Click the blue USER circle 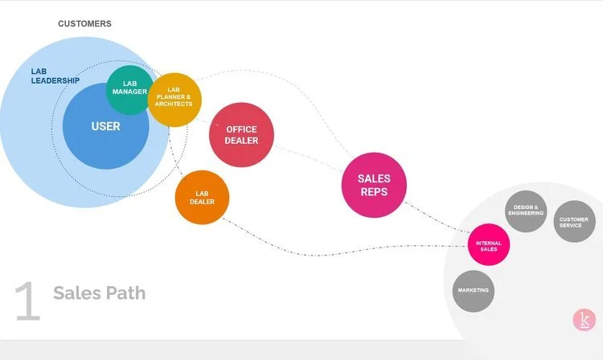click(105, 126)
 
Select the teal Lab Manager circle click(129, 88)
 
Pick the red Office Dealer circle click(241, 134)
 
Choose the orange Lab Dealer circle click(202, 197)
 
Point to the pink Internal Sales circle click(489, 245)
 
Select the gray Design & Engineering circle click(525, 213)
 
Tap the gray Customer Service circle click(575, 220)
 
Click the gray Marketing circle click(474, 290)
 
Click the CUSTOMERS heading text click(84, 24)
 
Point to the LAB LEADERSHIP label click(55, 76)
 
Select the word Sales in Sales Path click(76, 292)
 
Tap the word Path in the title click(125, 292)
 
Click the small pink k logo click(585, 320)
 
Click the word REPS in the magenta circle click(374, 193)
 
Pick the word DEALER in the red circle click(241, 141)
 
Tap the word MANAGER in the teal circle click(129, 92)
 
